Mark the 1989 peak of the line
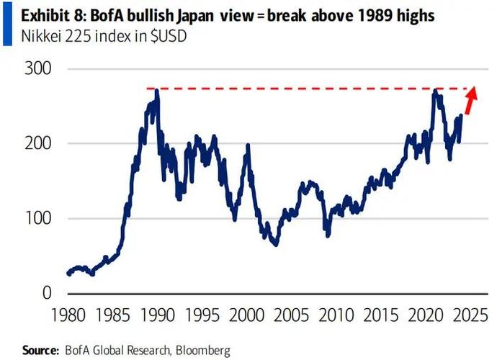156,91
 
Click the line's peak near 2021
435,91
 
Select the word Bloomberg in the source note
204,350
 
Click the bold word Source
39,350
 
